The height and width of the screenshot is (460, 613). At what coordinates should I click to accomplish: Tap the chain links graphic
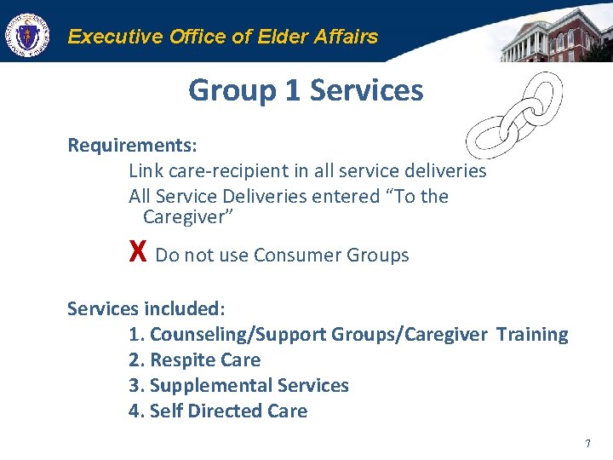coord(515,115)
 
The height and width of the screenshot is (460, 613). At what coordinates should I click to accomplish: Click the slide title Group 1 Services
coord(306,90)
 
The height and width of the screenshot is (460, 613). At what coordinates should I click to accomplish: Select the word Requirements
coord(130,145)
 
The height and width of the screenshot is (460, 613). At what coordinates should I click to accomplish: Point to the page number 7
coord(587,444)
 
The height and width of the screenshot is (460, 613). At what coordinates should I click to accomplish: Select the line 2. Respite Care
coord(194,359)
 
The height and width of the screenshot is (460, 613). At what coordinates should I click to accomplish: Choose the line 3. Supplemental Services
coord(238,385)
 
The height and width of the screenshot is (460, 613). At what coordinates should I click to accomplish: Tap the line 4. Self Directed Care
coord(218,411)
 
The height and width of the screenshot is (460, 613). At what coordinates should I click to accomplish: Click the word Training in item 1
coord(532,334)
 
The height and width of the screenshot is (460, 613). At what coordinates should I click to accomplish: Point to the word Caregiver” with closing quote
coord(188,217)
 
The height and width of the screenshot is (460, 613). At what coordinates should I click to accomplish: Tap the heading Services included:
coord(146,308)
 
